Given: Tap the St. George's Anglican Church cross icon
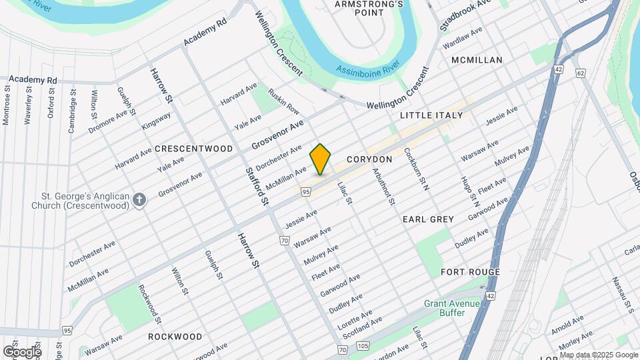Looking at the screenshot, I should tap(139, 200).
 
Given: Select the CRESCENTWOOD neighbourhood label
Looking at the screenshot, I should tap(194, 149).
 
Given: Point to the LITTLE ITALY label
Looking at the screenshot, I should tap(431, 115).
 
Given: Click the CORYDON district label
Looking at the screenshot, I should tap(369, 160).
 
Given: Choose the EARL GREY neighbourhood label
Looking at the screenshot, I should tap(428, 219).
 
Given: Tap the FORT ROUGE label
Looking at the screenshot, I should tap(470, 272).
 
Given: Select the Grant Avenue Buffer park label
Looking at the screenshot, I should tap(452, 309).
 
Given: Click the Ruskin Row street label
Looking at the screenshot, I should tap(284, 101).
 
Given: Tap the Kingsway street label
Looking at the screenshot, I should tap(157, 121).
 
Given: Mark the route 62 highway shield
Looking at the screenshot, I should tap(581, 71).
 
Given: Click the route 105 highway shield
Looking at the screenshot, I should tap(362, 345).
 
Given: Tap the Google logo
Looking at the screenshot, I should tap(22, 351).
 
